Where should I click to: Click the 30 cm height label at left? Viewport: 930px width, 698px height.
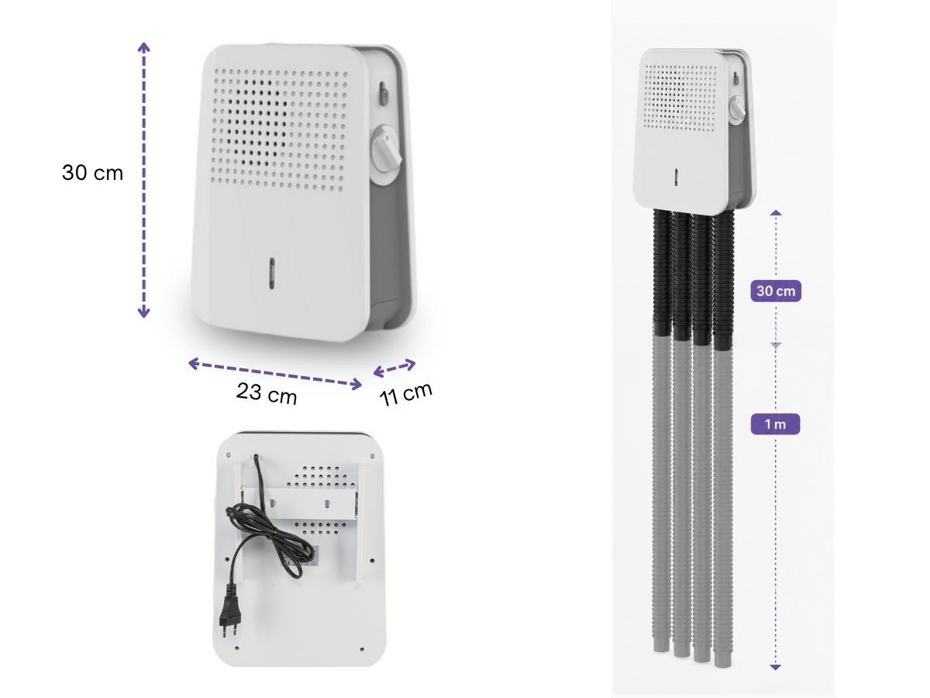click(92, 173)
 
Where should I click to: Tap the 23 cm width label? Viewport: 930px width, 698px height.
click(267, 393)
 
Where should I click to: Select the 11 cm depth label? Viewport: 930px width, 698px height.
click(405, 394)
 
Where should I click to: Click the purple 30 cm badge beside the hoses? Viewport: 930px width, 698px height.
click(775, 291)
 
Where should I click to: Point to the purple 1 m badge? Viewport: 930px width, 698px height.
click(775, 423)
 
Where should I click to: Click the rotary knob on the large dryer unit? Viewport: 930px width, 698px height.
click(386, 154)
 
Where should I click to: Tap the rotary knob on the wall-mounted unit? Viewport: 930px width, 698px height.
click(737, 108)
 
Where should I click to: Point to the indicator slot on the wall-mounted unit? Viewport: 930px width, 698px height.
click(677, 177)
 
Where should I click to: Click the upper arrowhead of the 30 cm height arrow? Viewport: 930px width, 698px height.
click(143, 47)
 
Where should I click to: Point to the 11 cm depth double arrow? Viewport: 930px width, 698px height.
click(394, 368)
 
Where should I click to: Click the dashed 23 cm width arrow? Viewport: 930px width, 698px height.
click(275, 374)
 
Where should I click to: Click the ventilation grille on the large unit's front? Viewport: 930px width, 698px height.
click(279, 129)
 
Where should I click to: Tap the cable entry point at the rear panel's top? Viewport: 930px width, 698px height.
click(256, 457)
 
